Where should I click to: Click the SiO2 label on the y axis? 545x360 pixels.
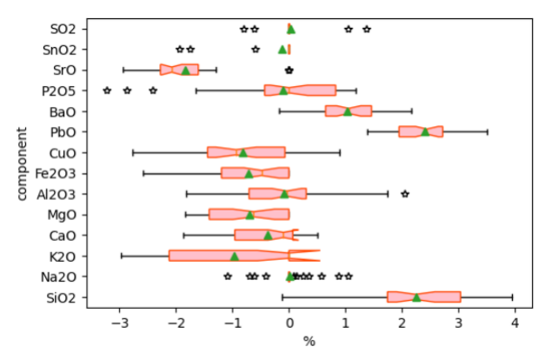pos(68,298)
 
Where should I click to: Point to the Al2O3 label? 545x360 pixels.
pos(67,194)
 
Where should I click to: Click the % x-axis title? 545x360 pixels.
pos(309,342)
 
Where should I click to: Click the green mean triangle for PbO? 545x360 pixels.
pos(425,131)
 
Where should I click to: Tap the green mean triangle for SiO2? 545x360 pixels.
pos(416,297)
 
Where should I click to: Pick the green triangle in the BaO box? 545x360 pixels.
pos(348,110)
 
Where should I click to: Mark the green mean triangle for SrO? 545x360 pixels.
pos(185,70)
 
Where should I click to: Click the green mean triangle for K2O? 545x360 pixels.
pos(234,256)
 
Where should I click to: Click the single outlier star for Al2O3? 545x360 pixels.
pos(404,193)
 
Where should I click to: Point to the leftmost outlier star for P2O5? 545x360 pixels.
pos(107,90)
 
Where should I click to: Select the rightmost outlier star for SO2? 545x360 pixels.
pos(366,29)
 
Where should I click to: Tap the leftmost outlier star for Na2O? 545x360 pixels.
pos(228,277)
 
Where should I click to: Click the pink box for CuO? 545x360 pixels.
pos(246,152)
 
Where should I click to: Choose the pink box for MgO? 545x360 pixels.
pos(249,214)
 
